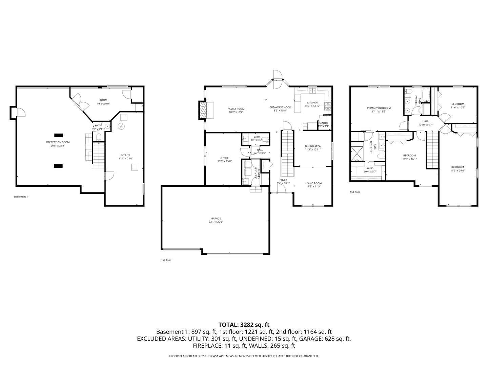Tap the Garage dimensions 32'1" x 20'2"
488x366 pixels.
click(x=216, y=222)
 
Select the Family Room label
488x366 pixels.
click(x=236, y=109)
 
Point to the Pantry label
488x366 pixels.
click(x=323, y=123)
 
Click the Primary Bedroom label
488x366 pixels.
click(x=379, y=108)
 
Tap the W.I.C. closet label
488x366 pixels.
click(x=370, y=168)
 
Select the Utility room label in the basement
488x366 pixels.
click(x=125, y=155)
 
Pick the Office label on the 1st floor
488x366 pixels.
click(x=224, y=158)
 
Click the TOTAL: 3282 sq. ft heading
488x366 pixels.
click(x=244, y=325)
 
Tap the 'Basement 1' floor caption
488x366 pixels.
click(x=21, y=197)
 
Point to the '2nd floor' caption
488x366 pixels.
click(x=355, y=192)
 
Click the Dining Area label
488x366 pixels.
click(x=312, y=146)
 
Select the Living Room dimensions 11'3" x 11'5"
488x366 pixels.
click(x=313, y=186)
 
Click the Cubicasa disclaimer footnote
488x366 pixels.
click(x=244, y=356)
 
